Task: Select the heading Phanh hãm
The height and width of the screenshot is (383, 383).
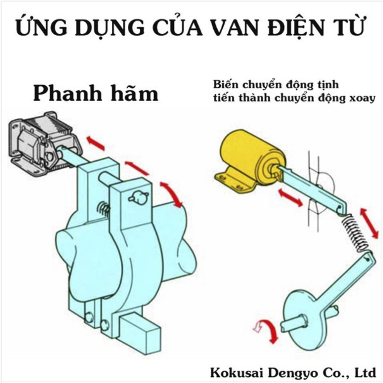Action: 95,93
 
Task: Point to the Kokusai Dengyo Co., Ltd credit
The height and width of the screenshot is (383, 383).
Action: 293,372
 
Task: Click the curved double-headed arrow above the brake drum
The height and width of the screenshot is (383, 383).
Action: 172,195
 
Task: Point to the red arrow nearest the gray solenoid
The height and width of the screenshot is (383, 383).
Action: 95,143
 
